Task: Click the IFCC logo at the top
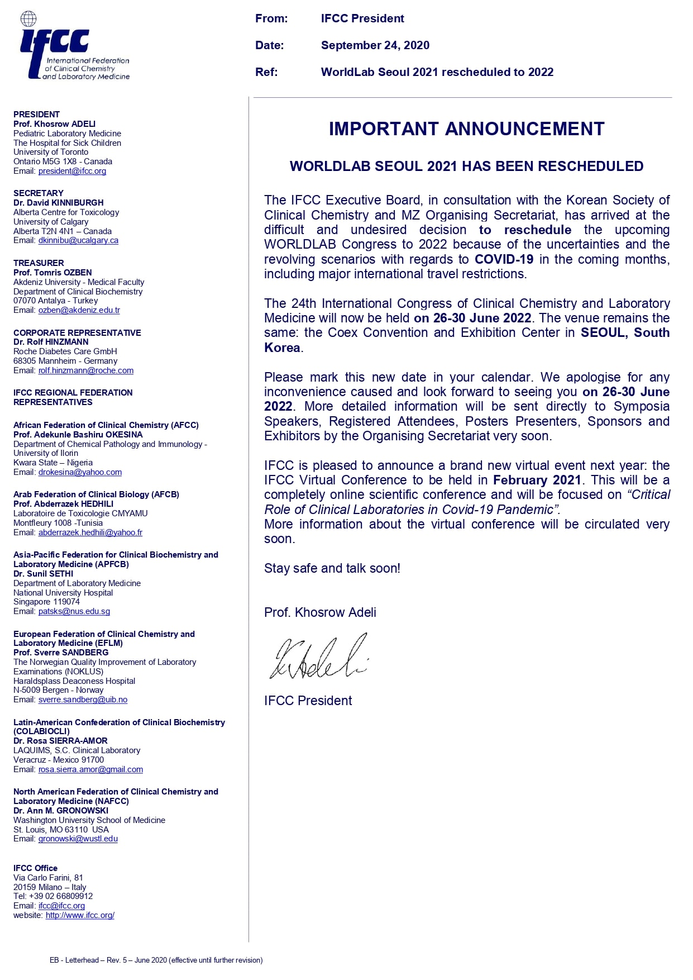tap(73, 47)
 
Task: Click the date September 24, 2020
tap(375, 45)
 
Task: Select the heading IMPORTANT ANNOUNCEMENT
tap(466, 129)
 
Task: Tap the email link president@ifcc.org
tap(72, 171)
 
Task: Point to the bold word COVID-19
tap(504, 259)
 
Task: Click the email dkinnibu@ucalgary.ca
tap(78, 240)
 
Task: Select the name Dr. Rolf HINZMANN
tap(51, 342)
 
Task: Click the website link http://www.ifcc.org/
tap(80, 915)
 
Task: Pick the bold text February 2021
tap(537, 480)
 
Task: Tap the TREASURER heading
tap(39, 263)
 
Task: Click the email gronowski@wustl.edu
tap(78, 839)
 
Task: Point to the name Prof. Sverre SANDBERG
tap(61, 653)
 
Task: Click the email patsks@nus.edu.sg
tap(74, 611)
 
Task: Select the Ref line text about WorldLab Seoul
tap(437, 72)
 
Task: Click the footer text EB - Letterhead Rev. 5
tap(156, 960)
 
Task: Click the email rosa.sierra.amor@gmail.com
tap(90, 769)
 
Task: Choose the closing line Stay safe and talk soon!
tap(332, 568)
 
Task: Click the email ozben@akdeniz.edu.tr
tap(79, 310)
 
